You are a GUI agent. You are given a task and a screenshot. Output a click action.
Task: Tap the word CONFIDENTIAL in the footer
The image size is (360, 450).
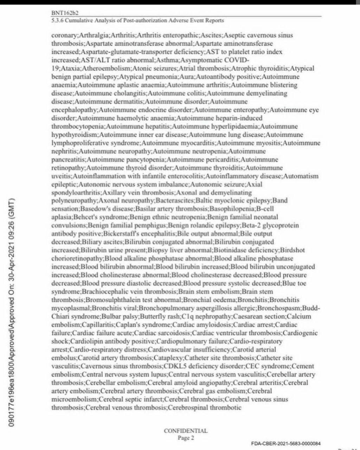(x=186, y=431)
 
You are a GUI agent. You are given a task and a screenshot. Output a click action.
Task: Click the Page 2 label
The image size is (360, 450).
(x=186, y=438)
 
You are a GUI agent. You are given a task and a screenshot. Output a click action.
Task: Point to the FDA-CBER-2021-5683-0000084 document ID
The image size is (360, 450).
(x=286, y=444)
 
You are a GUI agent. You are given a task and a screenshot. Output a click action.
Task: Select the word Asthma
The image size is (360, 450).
(x=167, y=60)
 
